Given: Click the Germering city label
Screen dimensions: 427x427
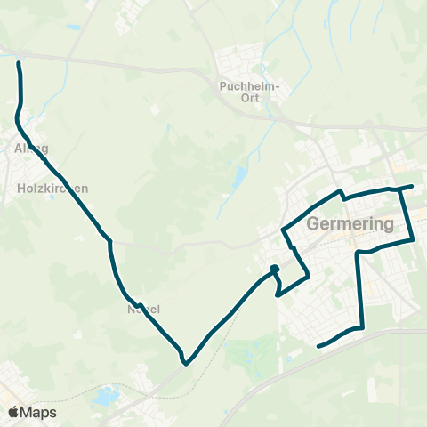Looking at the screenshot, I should [x=350, y=224].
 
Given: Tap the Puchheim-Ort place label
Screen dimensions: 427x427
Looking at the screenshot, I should [x=249, y=92].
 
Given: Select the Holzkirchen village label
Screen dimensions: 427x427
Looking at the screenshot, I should [x=52, y=189].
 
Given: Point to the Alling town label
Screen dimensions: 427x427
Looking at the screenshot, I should [x=31, y=148].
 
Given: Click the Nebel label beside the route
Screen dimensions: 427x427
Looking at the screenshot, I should [x=142, y=310].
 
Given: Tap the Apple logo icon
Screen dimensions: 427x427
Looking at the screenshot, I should [x=13, y=413].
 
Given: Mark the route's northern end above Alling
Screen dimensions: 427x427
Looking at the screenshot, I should [x=19, y=62].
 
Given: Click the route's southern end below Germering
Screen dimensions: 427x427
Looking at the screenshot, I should [x=318, y=345].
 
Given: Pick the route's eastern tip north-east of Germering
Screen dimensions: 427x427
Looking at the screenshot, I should [x=413, y=187].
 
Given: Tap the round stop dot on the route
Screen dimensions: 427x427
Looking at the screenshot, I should [x=275, y=270].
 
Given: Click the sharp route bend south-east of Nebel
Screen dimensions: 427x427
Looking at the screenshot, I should [x=185, y=362].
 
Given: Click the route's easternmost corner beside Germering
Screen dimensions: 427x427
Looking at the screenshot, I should [x=415, y=238].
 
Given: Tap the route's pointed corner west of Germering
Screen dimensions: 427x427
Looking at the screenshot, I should [x=283, y=230].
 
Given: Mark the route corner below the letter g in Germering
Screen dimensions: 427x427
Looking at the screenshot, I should [x=358, y=253].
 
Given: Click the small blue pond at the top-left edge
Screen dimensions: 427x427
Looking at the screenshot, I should [x=71, y=26].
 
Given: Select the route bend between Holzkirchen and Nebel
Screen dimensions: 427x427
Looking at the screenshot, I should [x=109, y=239].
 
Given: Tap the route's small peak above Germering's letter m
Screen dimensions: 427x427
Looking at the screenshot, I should [x=340, y=191].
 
